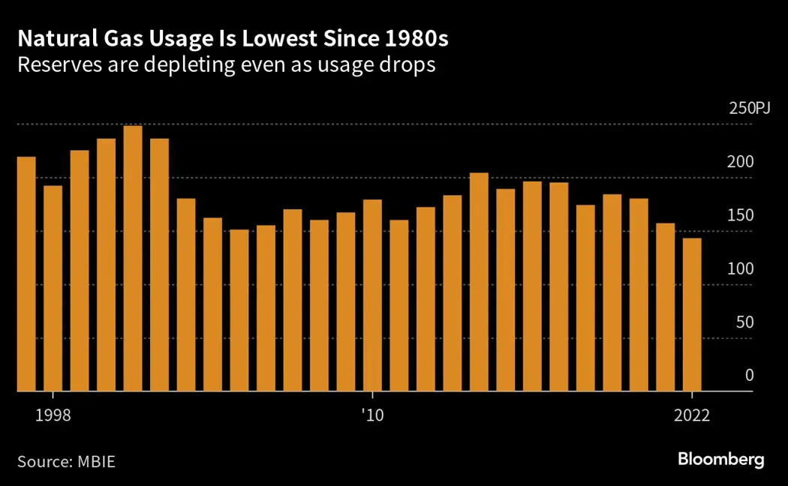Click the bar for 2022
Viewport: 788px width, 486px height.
point(691,315)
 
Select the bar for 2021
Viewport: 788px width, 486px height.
point(665,307)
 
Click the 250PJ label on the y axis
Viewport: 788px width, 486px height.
point(750,109)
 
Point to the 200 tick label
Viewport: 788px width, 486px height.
point(741,162)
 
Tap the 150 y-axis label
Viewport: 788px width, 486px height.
point(741,216)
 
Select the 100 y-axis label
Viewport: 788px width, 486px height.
point(741,269)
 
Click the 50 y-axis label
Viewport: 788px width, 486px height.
point(744,322)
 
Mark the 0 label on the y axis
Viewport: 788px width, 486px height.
point(748,376)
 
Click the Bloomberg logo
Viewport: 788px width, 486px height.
point(720,459)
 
